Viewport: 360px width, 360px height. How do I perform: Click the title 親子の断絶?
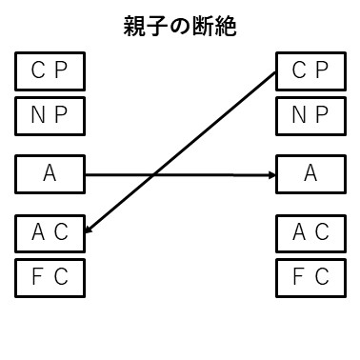[x=180, y=25]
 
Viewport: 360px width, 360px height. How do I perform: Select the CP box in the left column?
[x=50, y=70]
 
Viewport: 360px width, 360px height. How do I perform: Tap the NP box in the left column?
[x=50, y=116]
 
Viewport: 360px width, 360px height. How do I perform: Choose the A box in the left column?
[x=50, y=174]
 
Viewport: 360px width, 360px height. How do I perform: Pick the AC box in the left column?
[x=50, y=231]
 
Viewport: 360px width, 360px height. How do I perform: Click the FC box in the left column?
[x=50, y=277]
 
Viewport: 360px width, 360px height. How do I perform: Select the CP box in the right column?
[x=310, y=70]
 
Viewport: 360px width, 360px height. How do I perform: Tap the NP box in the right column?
[x=310, y=116]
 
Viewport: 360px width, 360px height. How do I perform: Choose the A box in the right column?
[x=310, y=174]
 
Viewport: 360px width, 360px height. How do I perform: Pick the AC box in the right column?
[x=310, y=231]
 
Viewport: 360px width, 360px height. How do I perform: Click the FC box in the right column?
[x=310, y=277]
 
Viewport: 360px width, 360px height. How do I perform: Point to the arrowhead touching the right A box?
[x=270, y=174]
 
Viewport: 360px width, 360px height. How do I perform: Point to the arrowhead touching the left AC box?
[x=90, y=230]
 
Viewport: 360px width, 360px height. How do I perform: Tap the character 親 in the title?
[x=135, y=25]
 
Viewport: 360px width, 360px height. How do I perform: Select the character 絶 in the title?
[x=226, y=25]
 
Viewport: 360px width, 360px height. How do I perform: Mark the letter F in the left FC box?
[x=38, y=277]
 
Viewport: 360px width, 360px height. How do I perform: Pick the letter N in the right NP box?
[x=297, y=116]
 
